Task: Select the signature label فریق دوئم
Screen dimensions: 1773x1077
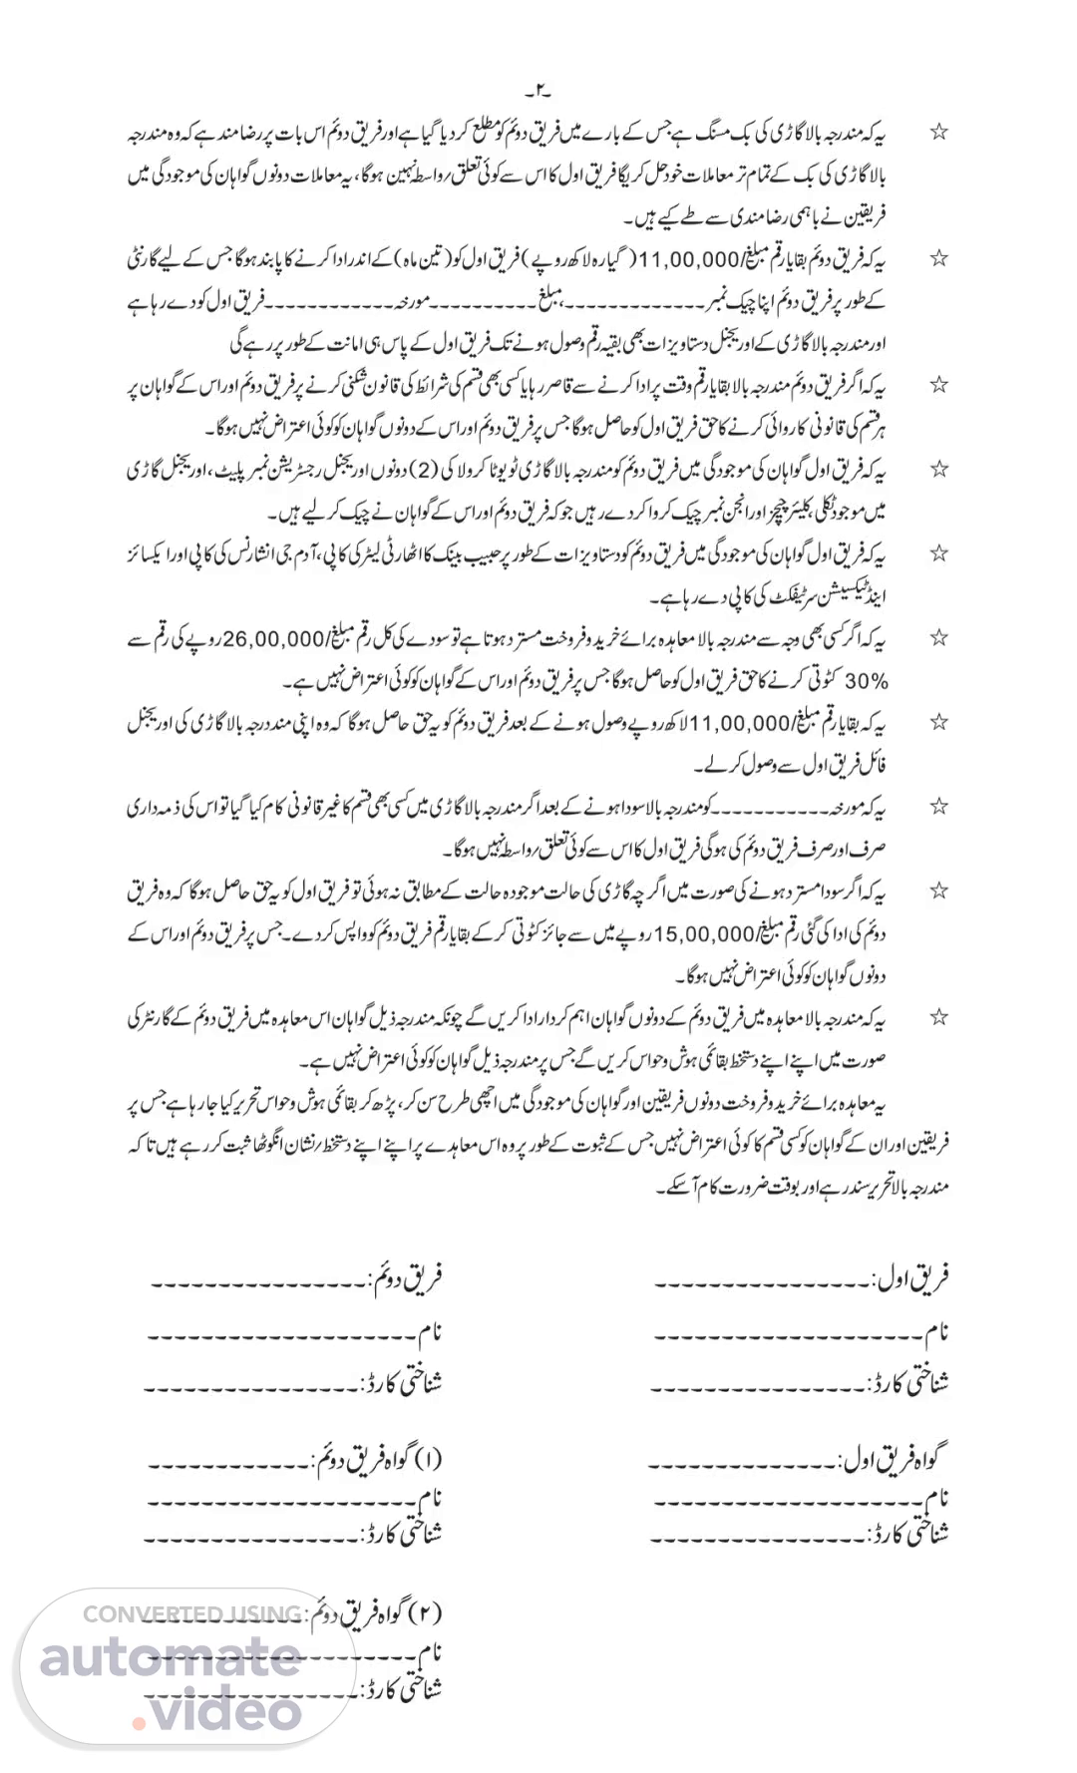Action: click(x=407, y=1276)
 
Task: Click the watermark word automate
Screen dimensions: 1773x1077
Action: click(x=170, y=1658)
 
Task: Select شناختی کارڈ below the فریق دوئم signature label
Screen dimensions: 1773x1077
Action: click(x=401, y=1384)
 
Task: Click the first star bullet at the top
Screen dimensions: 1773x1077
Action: click(x=938, y=133)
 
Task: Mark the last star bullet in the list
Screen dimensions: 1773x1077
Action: click(x=938, y=1018)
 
